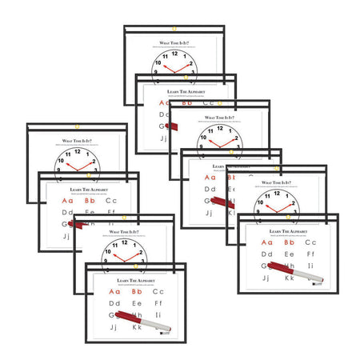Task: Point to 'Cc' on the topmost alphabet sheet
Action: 210,102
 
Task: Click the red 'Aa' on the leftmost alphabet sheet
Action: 66,201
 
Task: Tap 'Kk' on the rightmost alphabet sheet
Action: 290,279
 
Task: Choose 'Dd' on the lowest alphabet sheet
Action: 114,304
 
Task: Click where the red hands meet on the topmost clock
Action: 176,70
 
